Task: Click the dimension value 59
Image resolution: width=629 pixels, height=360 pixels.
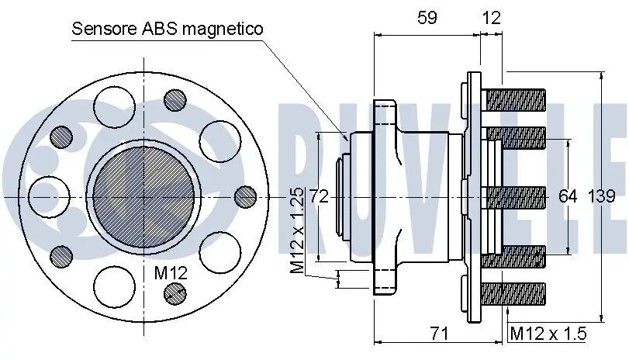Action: (x=427, y=18)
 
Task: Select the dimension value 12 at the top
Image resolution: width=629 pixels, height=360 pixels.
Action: (x=491, y=18)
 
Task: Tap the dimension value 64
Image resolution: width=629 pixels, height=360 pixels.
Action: (x=569, y=197)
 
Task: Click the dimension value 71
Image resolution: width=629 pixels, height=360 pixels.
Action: (x=440, y=334)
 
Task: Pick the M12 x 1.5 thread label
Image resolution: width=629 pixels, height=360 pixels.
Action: (x=548, y=334)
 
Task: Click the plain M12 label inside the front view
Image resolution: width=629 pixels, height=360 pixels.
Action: (x=171, y=272)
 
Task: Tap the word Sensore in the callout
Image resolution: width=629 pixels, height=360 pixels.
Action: (x=104, y=29)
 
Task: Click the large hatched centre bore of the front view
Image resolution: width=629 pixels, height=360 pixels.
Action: (x=141, y=197)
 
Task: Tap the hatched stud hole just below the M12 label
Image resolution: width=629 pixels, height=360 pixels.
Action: (x=177, y=292)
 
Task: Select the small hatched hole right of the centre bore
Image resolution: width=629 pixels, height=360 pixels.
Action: (x=245, y=197)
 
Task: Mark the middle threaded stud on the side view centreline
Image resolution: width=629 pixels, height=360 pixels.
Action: (x=515, y=197)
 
